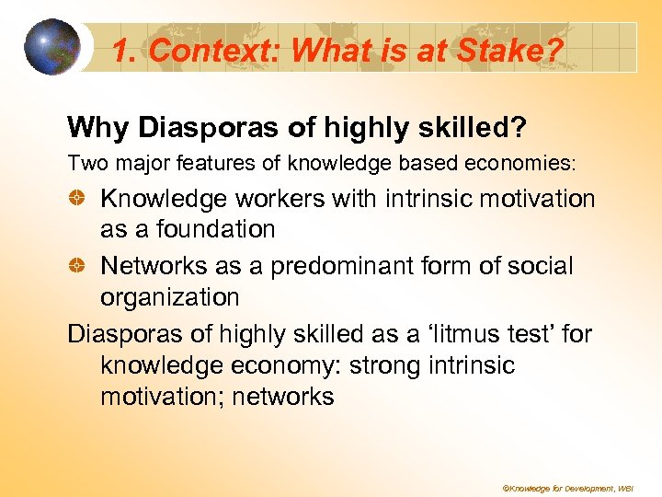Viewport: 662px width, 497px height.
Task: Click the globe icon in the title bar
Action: [x=52, y=47]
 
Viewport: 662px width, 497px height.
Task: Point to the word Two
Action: [x=86, y=163]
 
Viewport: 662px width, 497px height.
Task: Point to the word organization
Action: [x=169, y=297]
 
